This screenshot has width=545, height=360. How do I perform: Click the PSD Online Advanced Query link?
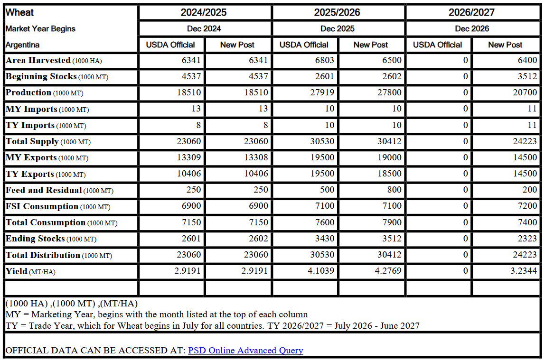coord(245,351)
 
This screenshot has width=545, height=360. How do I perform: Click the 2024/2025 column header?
coord(204,12)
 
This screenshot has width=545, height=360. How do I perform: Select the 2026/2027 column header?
coord(472,12)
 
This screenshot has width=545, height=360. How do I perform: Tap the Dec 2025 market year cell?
coord(338,28)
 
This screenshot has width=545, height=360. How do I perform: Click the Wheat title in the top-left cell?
coord(19,12)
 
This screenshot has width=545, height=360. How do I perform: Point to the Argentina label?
coord(22,45)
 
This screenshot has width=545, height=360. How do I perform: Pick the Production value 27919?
coord(322,92)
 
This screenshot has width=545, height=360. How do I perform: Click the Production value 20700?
coord(525,92)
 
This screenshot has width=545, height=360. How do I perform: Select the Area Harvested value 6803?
coord(324,60)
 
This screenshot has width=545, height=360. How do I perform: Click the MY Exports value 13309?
coord(189,157)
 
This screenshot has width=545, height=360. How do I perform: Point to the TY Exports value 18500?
coord(389,174)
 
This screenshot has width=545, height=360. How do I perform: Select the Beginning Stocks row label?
coord(41,76)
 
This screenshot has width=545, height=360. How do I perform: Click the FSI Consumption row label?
coord(42,206)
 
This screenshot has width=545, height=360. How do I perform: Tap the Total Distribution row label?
coord(43,255)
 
